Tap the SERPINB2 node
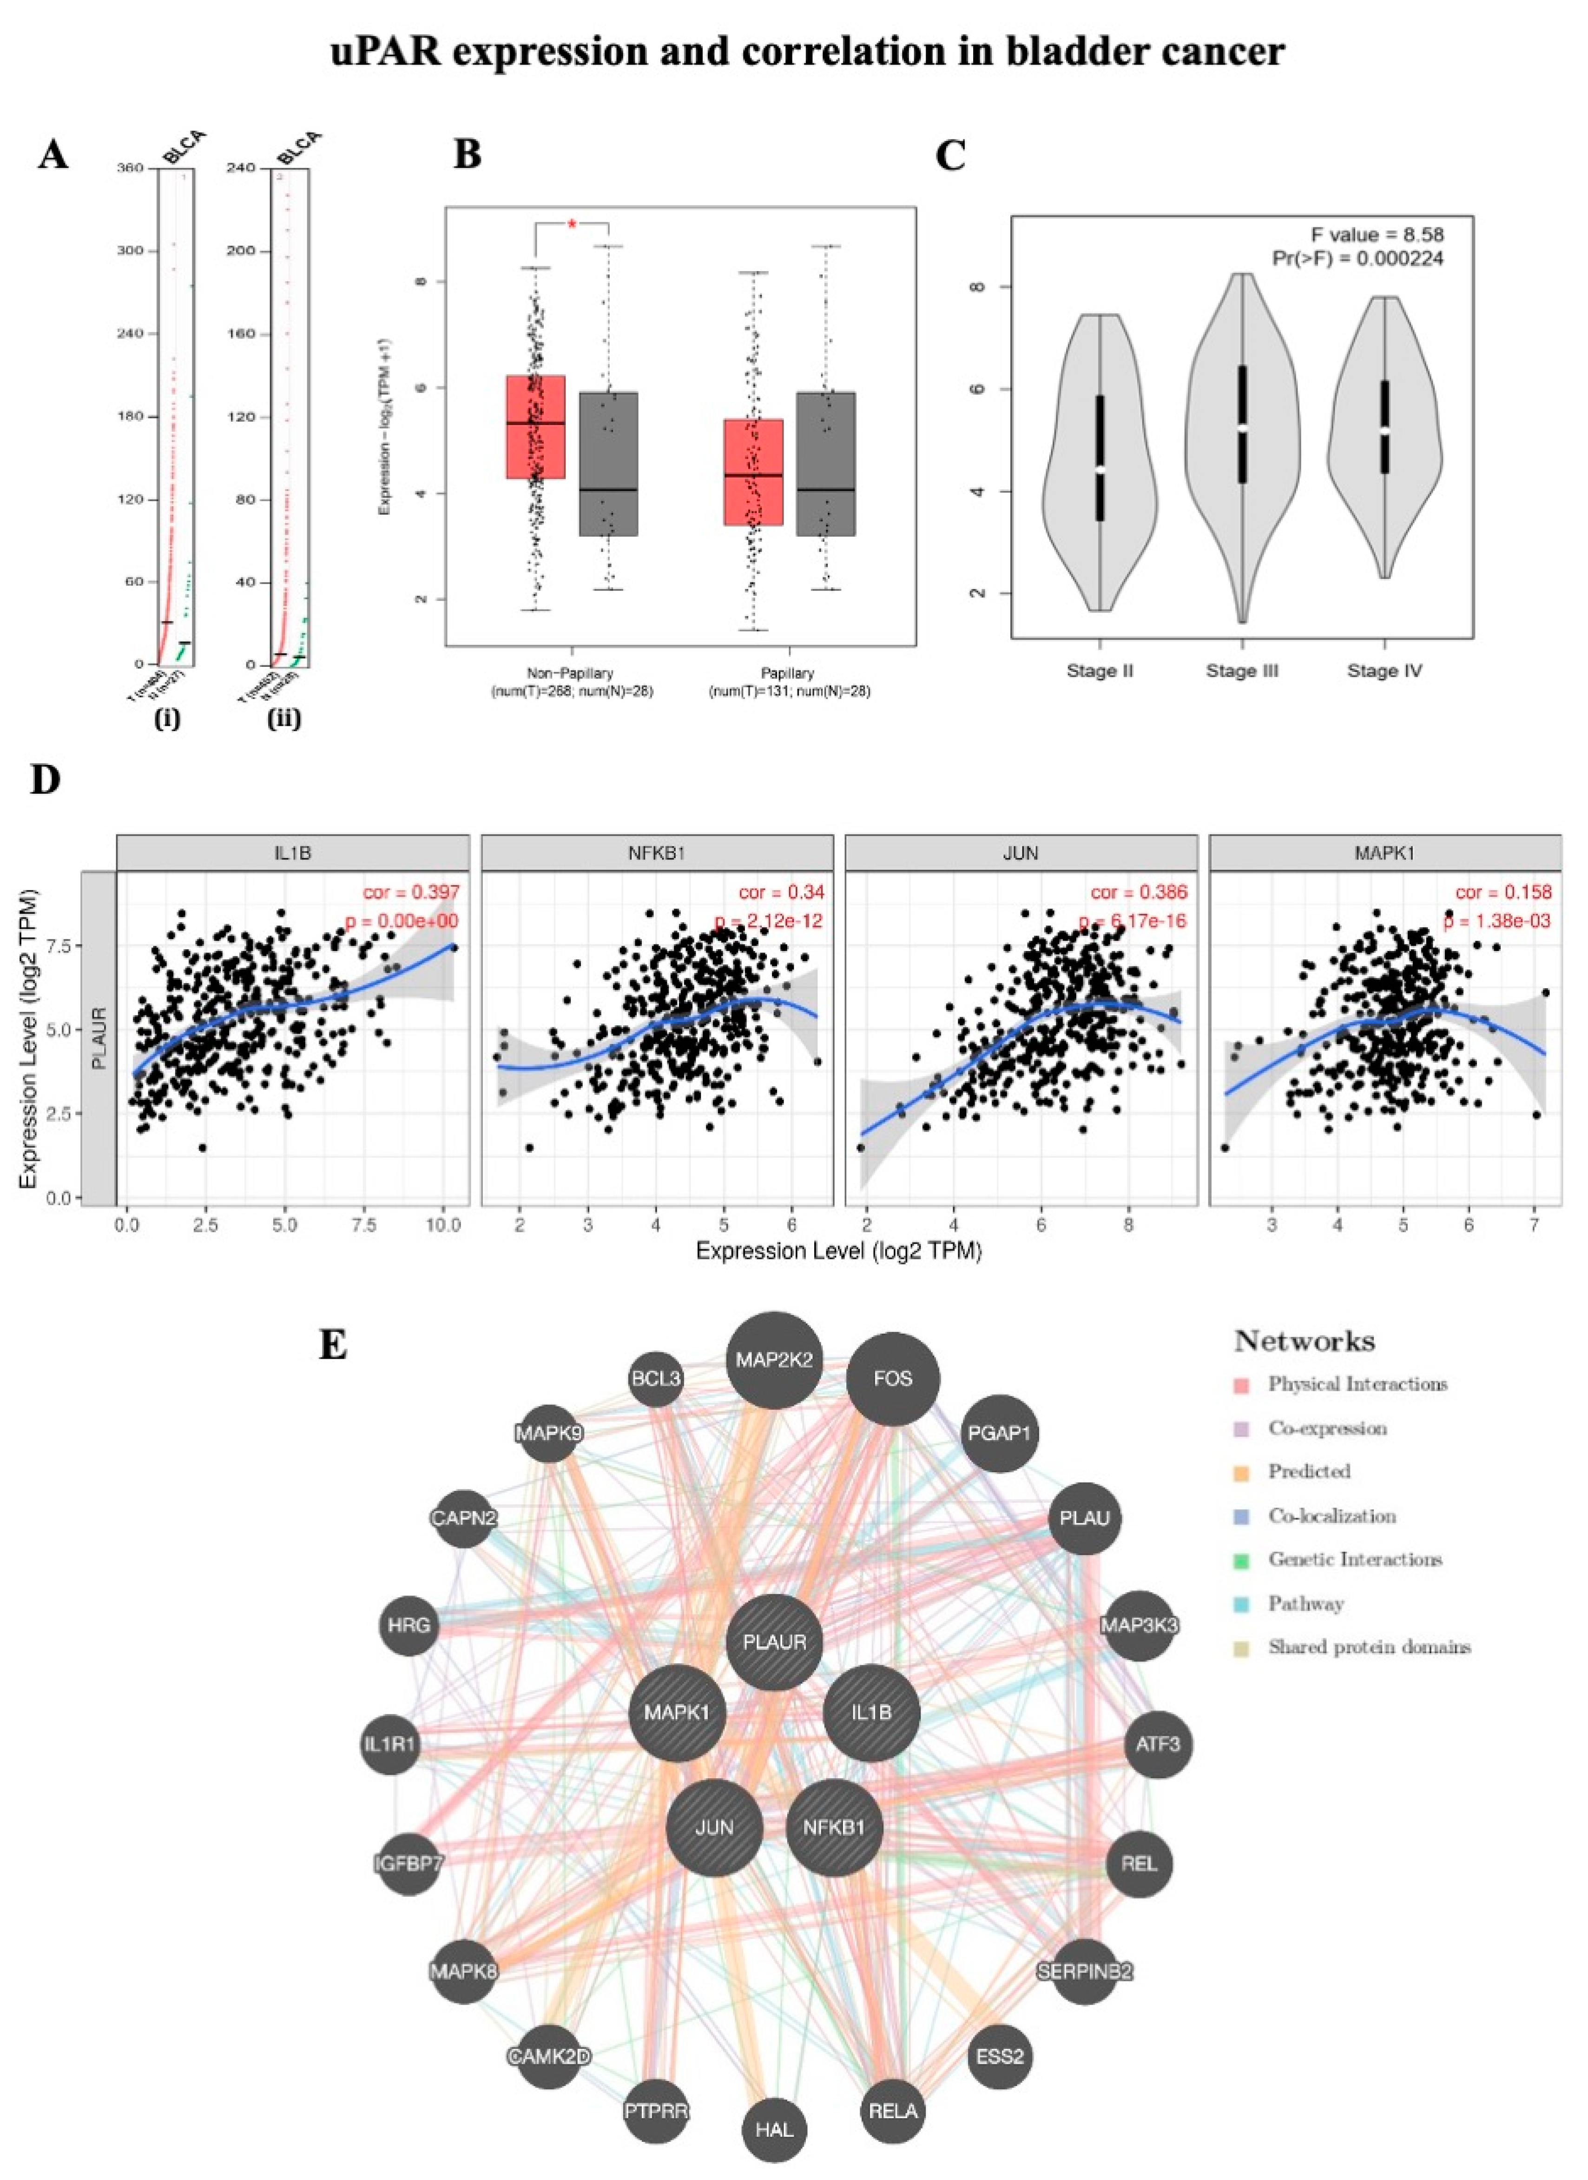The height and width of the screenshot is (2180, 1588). tap(1084, 1971)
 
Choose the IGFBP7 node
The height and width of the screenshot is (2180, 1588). tap(409, 1864)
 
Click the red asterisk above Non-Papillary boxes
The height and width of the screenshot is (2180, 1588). tap(572, 224)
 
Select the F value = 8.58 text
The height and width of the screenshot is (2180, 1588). tap(1377, 235)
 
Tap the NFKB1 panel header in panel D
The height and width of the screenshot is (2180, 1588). tap(657, 852)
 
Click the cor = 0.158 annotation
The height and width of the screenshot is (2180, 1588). tap(1502, 892)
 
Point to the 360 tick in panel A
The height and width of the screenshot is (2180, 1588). tap(130, 168)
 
